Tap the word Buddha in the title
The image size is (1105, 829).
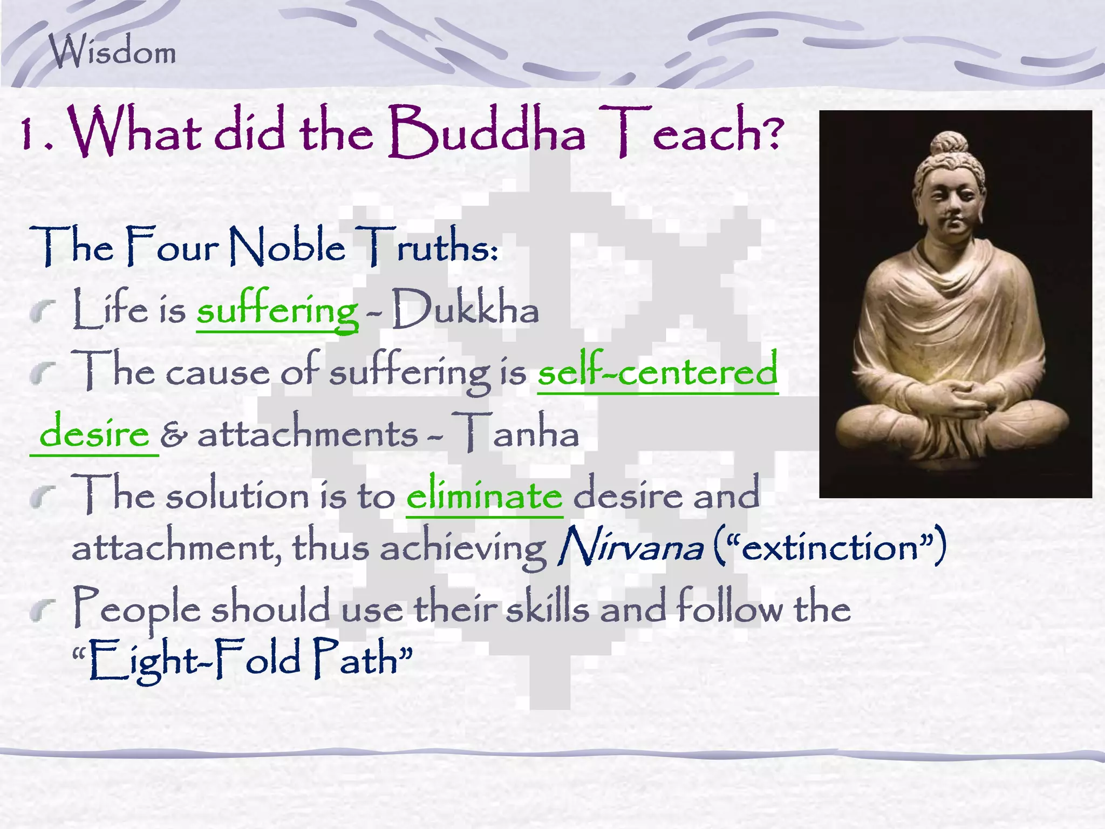(x=486, y=132)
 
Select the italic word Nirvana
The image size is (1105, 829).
(x=630, y=547)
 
